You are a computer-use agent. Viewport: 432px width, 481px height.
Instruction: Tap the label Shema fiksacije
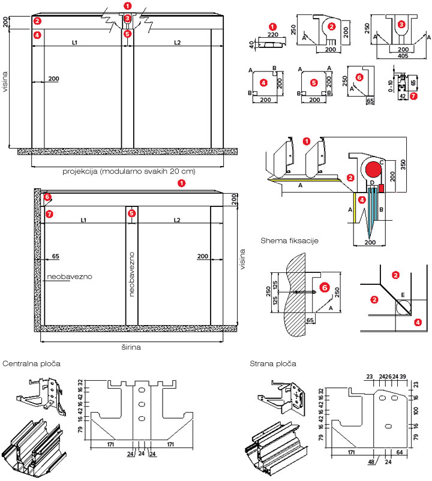click(x=289, y=241)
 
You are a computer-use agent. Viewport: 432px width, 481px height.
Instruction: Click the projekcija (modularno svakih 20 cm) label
click(x=129, y=171)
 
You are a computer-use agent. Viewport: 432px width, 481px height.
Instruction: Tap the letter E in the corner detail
click(x=403, y=294)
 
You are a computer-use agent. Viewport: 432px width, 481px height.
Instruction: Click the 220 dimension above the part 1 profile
click(x=273, y=35)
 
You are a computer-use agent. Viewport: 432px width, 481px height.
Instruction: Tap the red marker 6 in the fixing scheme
click(x=325, y=288)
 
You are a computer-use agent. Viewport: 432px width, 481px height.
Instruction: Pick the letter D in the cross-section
click(x=372, y=182)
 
